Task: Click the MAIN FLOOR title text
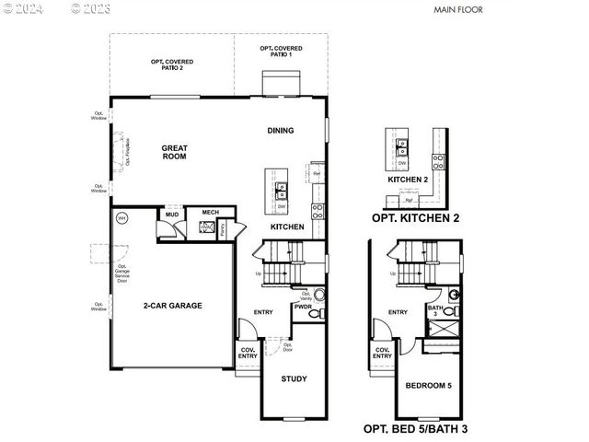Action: (456, 10)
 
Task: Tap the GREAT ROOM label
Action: (174, 152)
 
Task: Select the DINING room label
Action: (281, 131)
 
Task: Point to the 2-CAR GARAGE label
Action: (172, 306)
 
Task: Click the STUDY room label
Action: (294, 378)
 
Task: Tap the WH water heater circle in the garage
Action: (121, 218)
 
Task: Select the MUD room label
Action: (171, 215)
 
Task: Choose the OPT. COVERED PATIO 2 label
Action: (171, 64)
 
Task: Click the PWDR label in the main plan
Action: (303, 307)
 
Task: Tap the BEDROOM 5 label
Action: (429, 385)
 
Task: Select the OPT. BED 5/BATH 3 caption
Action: (415, 429)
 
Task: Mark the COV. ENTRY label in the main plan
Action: (248, 353)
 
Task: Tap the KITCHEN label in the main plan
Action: (287, 226)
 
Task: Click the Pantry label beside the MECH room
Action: (222, 229)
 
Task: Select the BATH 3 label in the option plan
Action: (433, 311)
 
